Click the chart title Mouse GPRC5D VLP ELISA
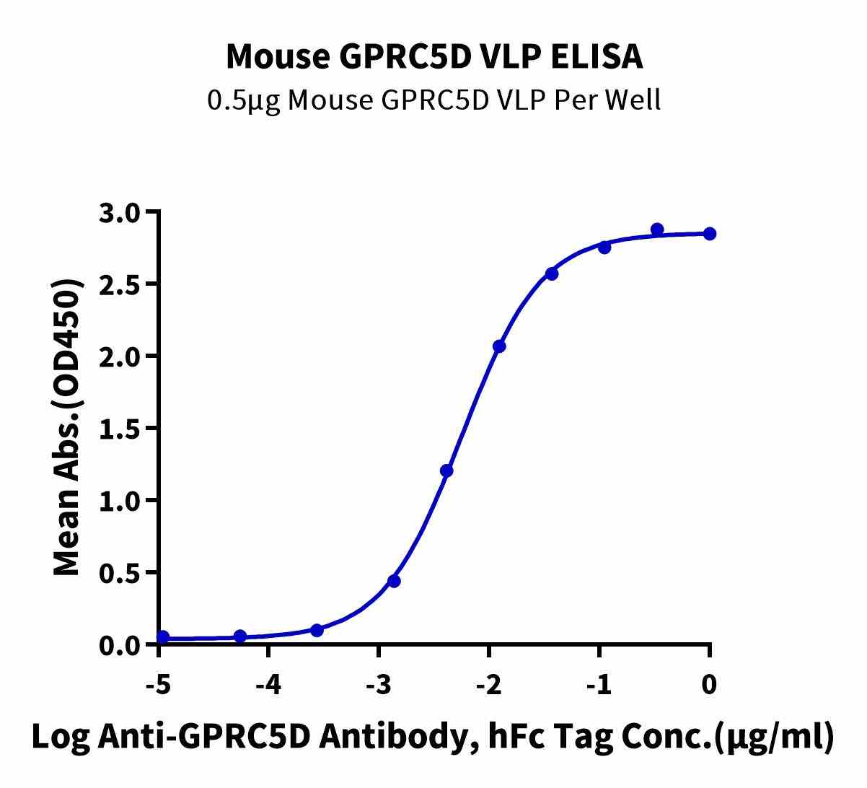click(433, 56)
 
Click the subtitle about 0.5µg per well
click(433, 100)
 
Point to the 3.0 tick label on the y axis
click(123, 212)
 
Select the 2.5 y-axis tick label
click(123, 284)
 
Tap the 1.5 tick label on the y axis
click(123, 428)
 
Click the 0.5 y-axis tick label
click(123, 572)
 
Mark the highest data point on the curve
click(657, 229)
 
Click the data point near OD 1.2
click(446, 471)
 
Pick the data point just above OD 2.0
click(499, 346)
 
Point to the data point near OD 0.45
click(394, 581)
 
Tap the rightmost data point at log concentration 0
click(710, 234)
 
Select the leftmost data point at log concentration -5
click(163, 637)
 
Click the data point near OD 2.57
click(552, 273)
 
